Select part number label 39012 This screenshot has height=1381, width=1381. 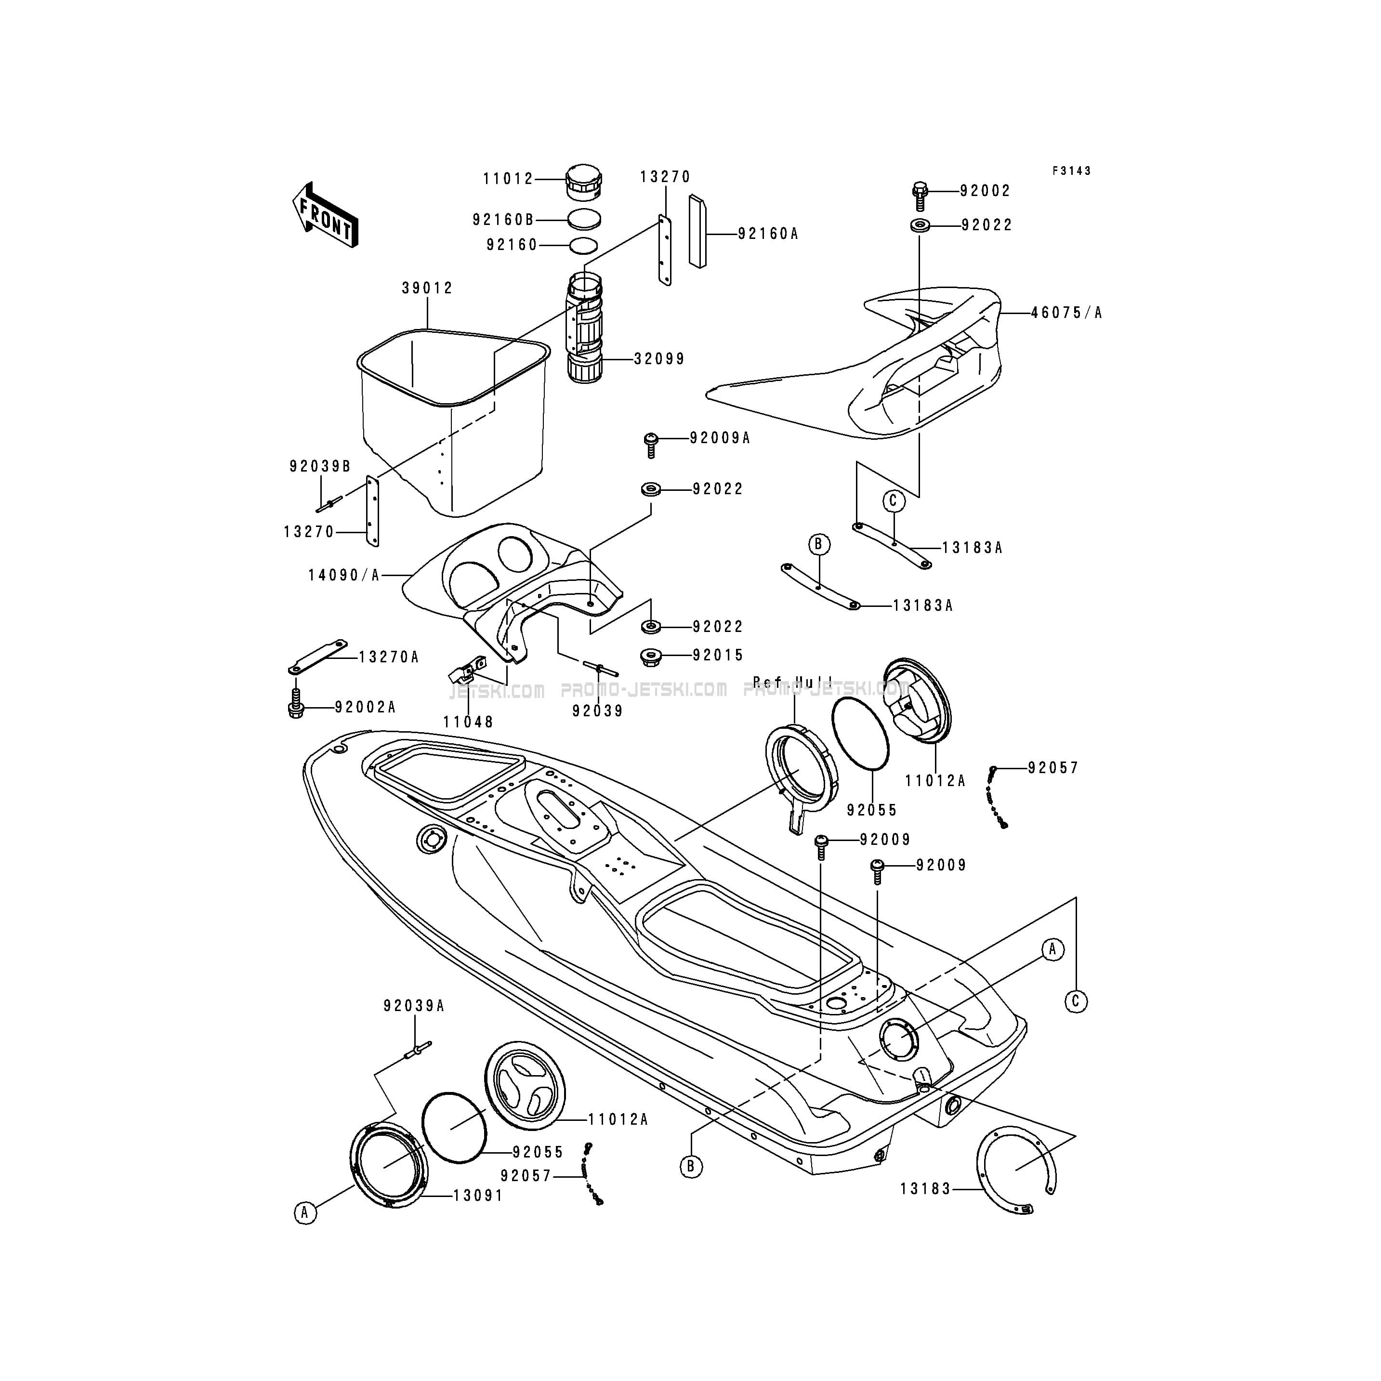point(427,288)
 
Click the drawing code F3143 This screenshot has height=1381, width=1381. point(1071,171)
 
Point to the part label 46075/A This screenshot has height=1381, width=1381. point(1066,313)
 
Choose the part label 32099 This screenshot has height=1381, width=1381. point(659,359)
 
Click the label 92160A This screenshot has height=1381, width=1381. point(768,234)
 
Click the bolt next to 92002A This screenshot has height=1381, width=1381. point(296,704)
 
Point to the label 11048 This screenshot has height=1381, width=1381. point(468,722)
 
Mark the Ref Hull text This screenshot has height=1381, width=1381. point(792,683)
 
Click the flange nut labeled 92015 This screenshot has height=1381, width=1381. point(650,656)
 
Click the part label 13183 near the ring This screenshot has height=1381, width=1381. point(925,1189)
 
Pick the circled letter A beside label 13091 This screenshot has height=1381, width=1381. point(305,1213)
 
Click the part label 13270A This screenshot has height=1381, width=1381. point(388,657)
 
